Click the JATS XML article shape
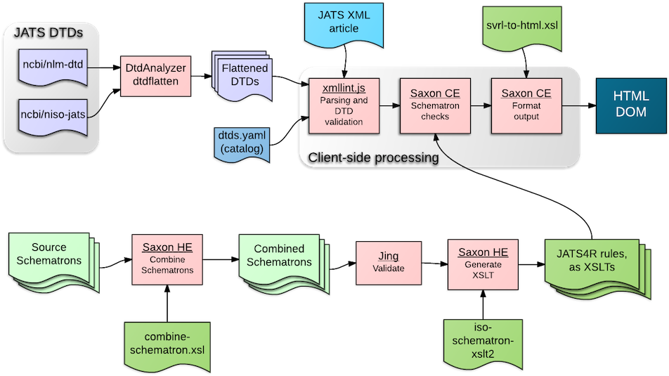tap(344, 23)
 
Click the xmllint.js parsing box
tap(344, 105)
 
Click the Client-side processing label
tap(373, 158)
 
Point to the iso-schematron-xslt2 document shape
tap(485, 341)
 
